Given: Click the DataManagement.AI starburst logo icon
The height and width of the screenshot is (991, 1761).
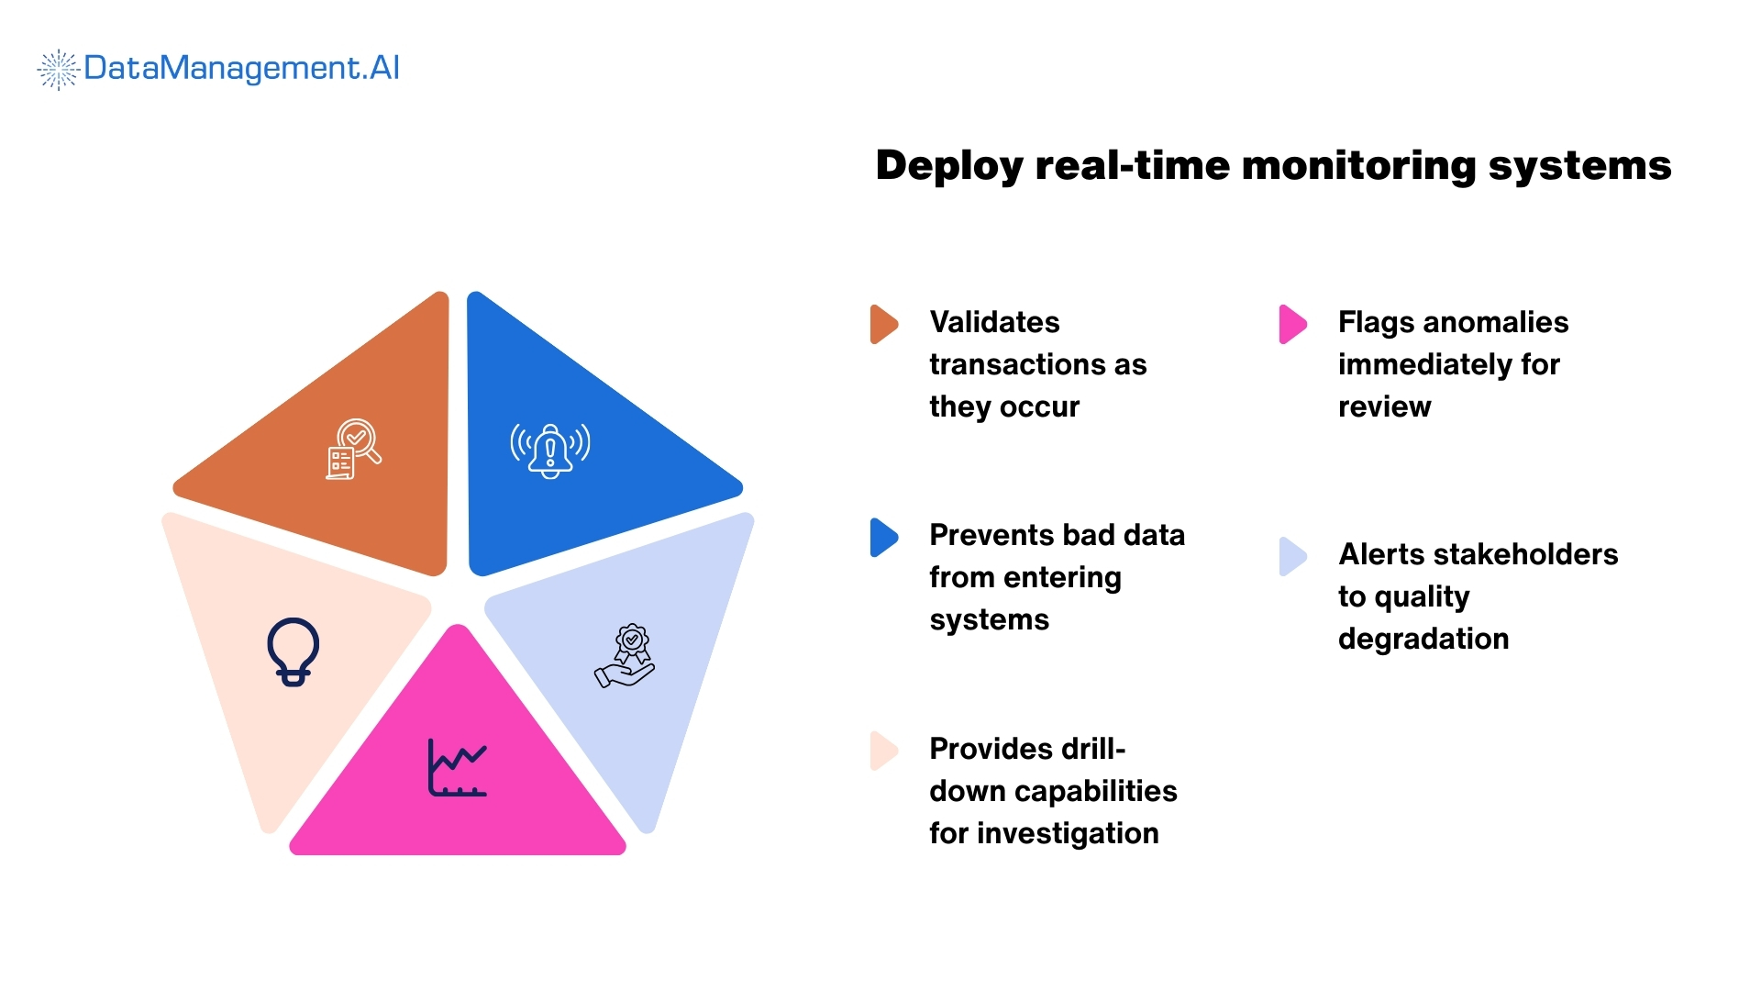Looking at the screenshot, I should tap(58, 70).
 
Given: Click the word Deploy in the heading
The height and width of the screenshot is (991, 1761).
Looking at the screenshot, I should tap(948, 166).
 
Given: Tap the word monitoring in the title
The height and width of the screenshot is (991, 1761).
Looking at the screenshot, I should tap(1357, 166).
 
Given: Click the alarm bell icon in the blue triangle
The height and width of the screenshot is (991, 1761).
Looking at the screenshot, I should tap(550, 450).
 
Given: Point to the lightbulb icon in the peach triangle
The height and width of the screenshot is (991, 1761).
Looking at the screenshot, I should tap(293, 651).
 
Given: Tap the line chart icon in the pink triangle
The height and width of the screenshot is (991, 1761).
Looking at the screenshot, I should tap(457, 767).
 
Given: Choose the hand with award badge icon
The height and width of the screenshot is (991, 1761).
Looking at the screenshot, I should tap(626, 656).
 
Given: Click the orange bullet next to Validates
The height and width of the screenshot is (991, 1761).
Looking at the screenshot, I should tap(883, 324).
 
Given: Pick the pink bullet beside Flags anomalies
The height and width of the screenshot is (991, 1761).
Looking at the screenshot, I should tap(1292, 324).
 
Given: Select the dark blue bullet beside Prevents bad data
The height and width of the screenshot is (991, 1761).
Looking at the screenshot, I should tap(883, 538).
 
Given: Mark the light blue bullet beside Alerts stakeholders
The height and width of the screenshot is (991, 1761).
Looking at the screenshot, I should tap(1292, 556).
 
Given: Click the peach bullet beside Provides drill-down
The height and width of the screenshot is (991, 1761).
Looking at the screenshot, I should tap(883, 751).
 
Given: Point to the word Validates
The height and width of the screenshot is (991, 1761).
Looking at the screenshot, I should tap(994, 322).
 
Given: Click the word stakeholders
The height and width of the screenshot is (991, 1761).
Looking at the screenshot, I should tap(1524, 554).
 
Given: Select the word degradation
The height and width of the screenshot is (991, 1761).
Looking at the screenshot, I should tap(1423, 639).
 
